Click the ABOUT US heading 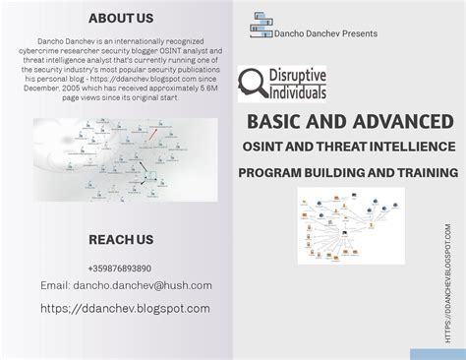(x=121, y=18)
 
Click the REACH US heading (x=121, y=239)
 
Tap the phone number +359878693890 (x=120, y=268)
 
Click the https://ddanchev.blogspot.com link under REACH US (x=125, y=308)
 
